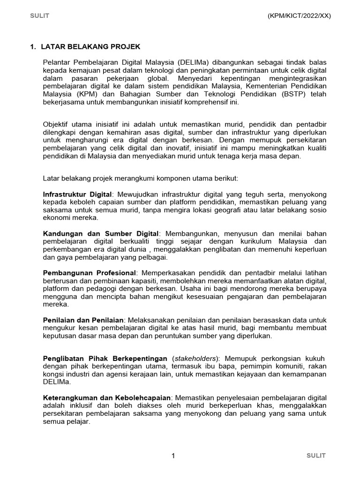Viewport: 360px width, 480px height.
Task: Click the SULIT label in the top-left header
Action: tap(40, 15)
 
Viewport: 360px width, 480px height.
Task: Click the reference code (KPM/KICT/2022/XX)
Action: tap(299, 15)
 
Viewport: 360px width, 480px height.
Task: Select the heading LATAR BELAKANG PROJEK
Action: tap(90, 47)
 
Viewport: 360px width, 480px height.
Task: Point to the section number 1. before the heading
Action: tap(33, 47)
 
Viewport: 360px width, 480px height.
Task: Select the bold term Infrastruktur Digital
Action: tap(77, 194)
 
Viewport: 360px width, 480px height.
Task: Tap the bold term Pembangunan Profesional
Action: tap(89, 273)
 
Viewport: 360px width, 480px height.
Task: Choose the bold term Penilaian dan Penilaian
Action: tap(83, 319)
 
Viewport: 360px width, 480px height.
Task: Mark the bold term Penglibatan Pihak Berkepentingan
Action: tap(105, 359)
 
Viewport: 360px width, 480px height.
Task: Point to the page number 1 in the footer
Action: tap(173, 456)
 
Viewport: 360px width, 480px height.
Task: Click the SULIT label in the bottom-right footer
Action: tap(316, 456)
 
